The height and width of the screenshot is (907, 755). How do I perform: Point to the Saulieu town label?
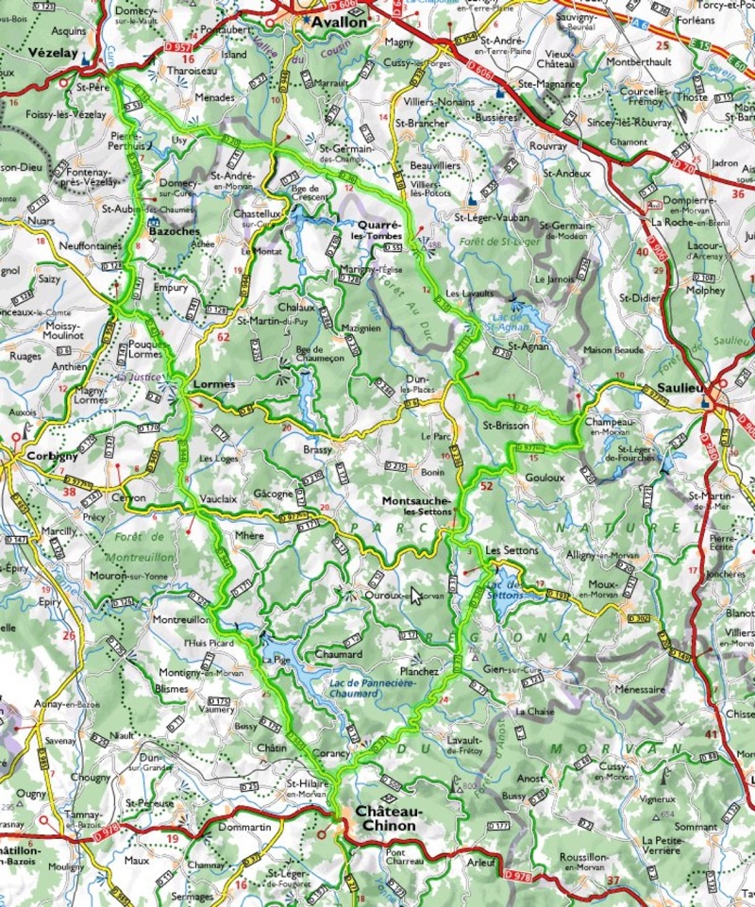(x=671, y=389)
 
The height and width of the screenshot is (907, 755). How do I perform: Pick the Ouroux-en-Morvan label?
(x=392, y=595)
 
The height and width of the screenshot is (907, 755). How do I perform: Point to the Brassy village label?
(x=318, y=451)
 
